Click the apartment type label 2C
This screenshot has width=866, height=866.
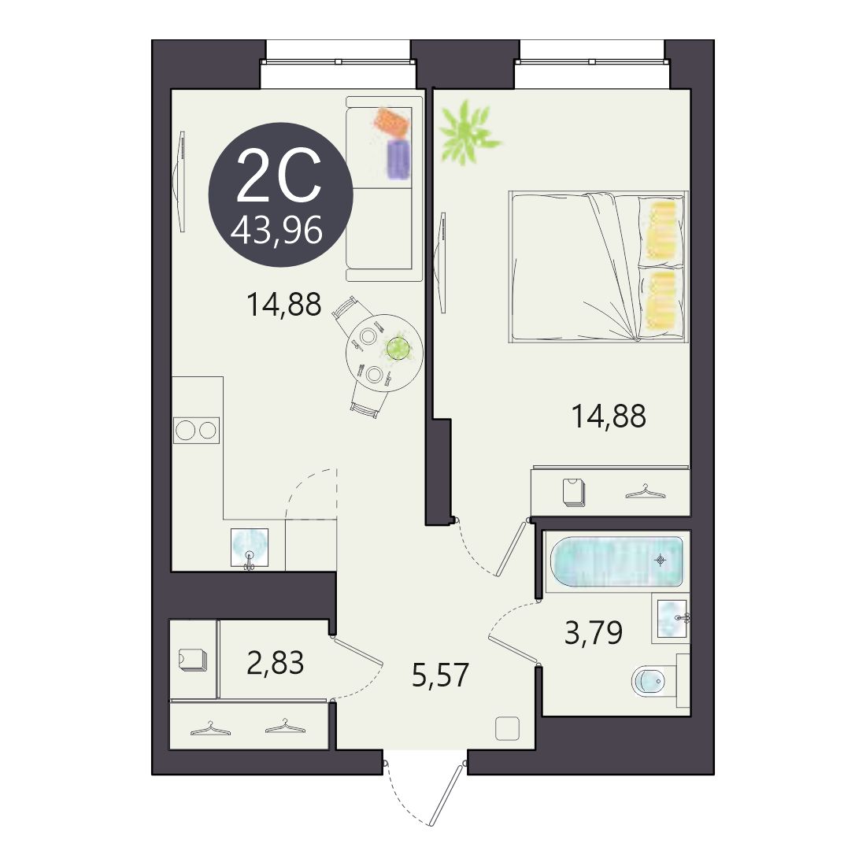coord(279,176)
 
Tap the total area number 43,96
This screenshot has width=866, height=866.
coord(276,230)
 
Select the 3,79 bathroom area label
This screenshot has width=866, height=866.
coord(594,633)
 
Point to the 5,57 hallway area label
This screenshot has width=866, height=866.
coord(440,675)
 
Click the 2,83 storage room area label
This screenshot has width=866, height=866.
coord(275,663)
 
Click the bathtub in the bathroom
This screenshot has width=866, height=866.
coord(617,561)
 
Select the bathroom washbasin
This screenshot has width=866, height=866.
coord(672,619)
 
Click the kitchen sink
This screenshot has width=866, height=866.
coord(249,547)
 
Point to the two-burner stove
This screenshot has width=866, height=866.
coord(196,430)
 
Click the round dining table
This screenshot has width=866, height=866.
coord(384,353)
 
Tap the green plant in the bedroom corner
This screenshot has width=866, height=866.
coord(467,132)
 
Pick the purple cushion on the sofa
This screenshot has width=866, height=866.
coord(399,159)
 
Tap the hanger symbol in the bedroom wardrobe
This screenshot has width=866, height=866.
coord(645,491)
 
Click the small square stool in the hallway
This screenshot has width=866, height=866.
coord(507,728)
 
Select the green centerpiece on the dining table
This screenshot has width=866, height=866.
coord(397,348)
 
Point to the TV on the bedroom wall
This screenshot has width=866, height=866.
coord(441,263)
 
